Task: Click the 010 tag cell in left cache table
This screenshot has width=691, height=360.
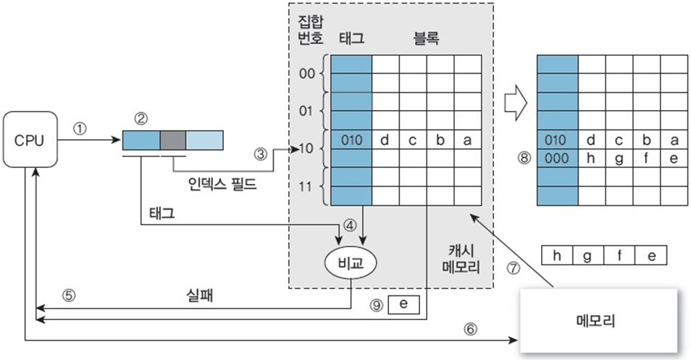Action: coord(351,140)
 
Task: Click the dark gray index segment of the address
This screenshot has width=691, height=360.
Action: coord(172,139)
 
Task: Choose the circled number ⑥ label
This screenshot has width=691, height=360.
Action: coord(471,328)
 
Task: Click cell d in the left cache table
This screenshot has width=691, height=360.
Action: coord(385,140)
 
